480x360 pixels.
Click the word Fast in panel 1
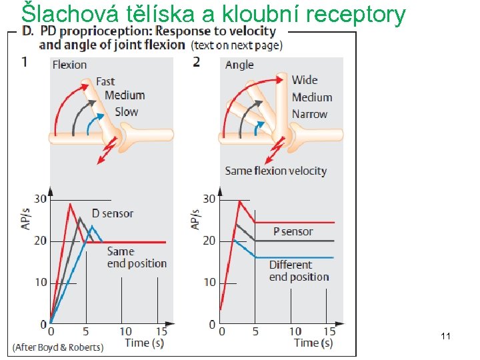click(x=105, y=81)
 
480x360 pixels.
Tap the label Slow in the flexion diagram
click(x=126, y=111)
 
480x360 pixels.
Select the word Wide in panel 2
click(x=305, y=80)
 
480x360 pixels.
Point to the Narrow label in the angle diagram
click(x=309, y=114)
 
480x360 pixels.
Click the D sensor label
click(x=112, y=213)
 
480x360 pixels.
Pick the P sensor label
click(x=293, y=231)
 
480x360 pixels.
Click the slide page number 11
click(x=446, y=337)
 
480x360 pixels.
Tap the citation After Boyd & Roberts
click(x=58, y=347)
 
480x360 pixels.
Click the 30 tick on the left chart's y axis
click(x=41, y=199)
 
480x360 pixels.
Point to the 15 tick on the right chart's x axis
click(x=329, y=331)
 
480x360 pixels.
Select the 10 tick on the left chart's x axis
click(x=125, y=331)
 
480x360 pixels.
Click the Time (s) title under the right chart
click(x=313, y=343)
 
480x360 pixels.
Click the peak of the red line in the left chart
click(x=69, y=204)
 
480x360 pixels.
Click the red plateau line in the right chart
click(x=293, y=222)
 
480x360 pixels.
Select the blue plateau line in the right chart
click(x=293, y=257)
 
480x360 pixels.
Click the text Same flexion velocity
click(x=275, y=171)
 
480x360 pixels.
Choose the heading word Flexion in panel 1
click(x=69, y=65)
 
